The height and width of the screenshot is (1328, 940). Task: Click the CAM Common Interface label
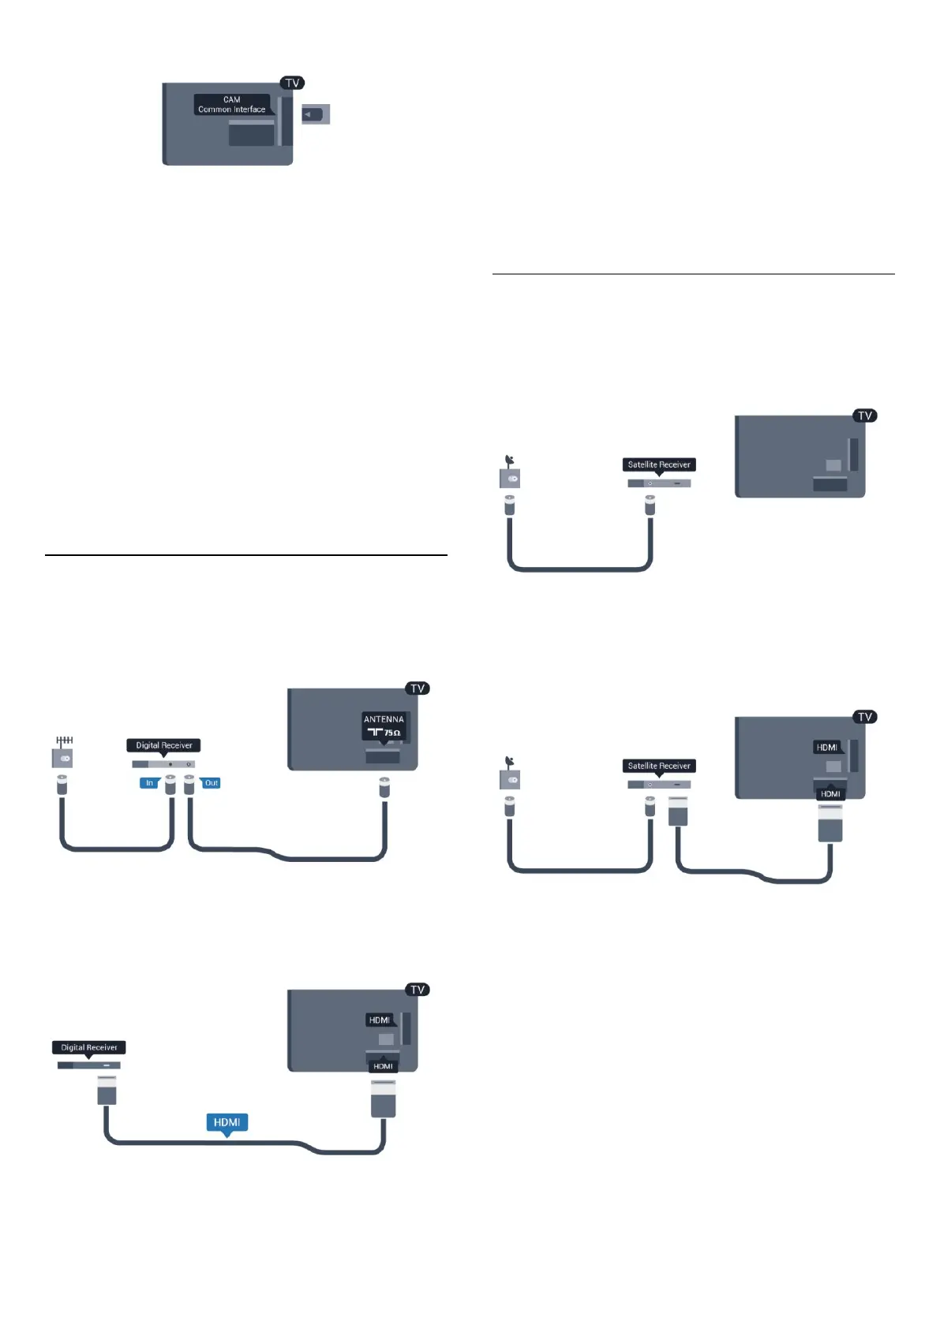click(231, 105)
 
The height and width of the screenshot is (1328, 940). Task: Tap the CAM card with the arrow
click(316, 114)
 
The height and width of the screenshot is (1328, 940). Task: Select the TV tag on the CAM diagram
click(292, 83)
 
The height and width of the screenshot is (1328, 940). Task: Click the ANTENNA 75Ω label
click(384, 726)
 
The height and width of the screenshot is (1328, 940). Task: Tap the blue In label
click(149, 783)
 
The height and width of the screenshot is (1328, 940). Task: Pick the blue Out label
click(211, 783)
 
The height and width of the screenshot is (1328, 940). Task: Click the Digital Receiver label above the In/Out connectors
click(163, 745)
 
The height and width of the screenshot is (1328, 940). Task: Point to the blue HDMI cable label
click(227, 1122)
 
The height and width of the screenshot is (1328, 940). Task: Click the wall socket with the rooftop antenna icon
click(62, 758)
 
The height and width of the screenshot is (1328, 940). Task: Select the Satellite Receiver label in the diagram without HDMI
click(659, 464)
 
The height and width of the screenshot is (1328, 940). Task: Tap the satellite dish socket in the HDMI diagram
click(510, 779)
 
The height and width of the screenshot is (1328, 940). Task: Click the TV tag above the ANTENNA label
click(418, 688)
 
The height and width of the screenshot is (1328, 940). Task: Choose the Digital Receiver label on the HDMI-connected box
click(89, 1047)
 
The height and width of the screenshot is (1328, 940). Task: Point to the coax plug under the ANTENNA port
click(384, 786)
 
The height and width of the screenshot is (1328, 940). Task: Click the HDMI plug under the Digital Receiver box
click(107, 1092)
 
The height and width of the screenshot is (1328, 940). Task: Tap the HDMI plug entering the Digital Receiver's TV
click(383, 1098)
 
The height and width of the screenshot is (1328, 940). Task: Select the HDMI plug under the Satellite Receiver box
click(678, 811)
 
